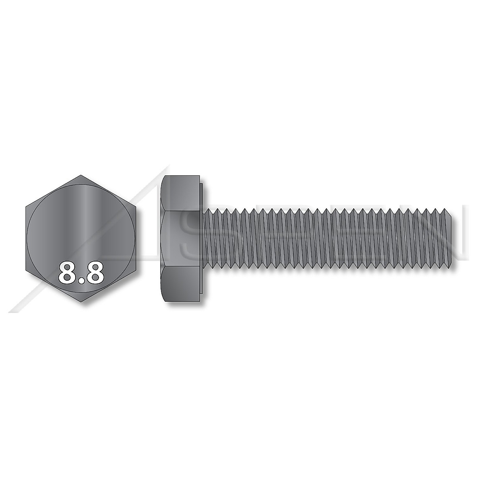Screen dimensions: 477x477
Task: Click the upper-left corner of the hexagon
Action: (25, 207)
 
